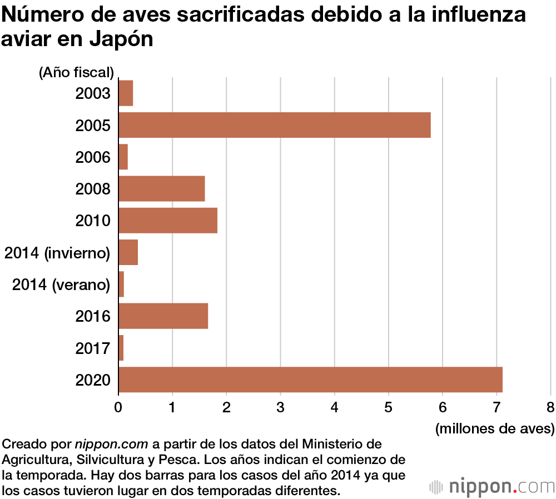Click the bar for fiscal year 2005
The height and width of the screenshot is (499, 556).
point(275,125)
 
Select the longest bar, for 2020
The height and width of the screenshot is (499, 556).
point(310,380)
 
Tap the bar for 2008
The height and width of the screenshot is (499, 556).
point(162,188)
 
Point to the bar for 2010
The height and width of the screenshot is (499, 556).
point(168,221)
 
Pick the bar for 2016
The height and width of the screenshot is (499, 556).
point(163,316)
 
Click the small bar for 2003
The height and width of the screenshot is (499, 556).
point(126,93)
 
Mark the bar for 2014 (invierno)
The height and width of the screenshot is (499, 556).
point(128,253)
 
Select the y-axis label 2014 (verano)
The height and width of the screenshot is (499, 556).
point(61,285)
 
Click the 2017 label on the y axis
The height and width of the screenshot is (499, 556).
point(93,348)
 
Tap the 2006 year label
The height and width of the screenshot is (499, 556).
point(93,157)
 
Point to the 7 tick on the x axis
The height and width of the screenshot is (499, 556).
point(497,407)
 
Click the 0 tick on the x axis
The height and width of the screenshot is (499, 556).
point(118,407)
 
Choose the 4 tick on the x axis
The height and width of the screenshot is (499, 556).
point(334,407)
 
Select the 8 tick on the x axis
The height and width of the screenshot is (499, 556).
point(550,407)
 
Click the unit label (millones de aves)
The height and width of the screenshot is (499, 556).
point(495,428)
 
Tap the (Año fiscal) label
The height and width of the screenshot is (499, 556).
point(76,72)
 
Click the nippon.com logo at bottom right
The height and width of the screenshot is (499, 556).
point(492,486)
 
